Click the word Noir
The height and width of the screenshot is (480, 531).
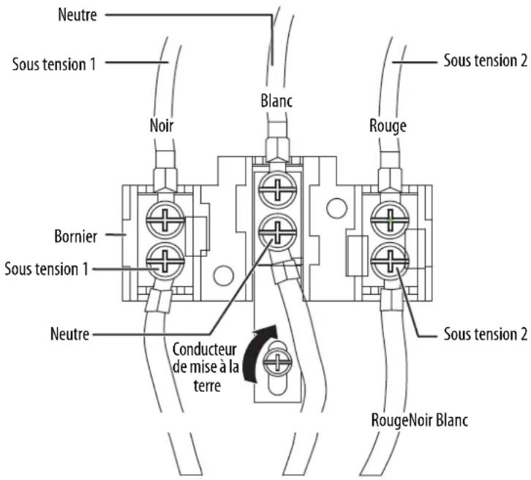click(x=162, y=126)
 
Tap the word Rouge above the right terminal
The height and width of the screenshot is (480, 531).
click(x=388, y=126)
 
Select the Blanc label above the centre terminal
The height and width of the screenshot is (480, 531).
click(x=276, y=101)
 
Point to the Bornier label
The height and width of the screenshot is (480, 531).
click(x=75, y=236)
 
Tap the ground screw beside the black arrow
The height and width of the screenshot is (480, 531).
click(x=277, y=361)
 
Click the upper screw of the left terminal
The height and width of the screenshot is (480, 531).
click(x=165, y=220)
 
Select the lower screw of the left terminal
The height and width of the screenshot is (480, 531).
click(x=165, y=261)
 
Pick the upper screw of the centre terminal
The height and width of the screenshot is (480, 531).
click(x=278, y=190)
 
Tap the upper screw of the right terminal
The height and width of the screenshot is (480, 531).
click(x=390, y=220)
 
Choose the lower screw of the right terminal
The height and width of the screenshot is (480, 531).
click(x=390, y=261)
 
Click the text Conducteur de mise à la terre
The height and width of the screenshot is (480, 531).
click(x=206, y=367)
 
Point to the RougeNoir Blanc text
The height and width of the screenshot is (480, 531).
click(x=420, y=421)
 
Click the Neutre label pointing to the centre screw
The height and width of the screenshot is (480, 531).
click(x=69, y=334)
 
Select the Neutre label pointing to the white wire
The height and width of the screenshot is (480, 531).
click(x=78, y=15)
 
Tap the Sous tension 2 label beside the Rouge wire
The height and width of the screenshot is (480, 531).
click(x=486, y=61)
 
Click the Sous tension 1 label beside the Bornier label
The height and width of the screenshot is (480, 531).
click(x=46, y=269)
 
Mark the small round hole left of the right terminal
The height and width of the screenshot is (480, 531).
click(x=336, y=208)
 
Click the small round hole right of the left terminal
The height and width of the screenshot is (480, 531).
click(x=223, y=275)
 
